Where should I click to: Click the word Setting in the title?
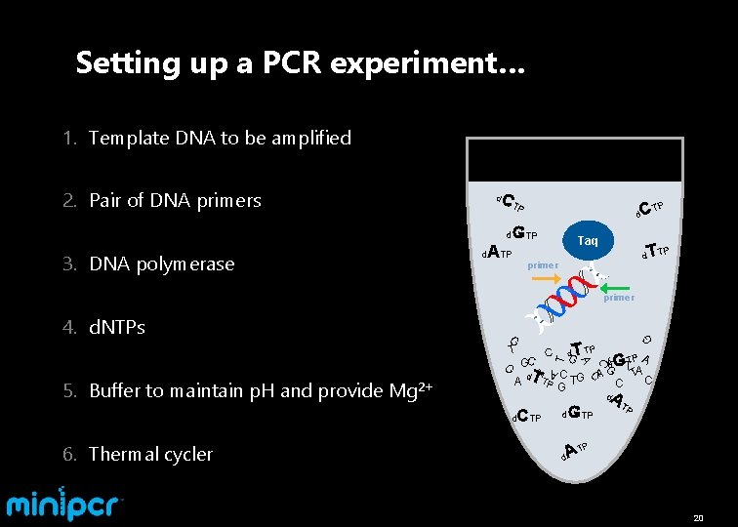pos(115,63)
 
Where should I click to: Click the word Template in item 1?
pos(129,138)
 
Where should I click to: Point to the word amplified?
pos(308,138)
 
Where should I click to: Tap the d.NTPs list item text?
pos(116,328)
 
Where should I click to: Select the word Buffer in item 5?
pos(115,391)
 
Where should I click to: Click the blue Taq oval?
pos(588,240)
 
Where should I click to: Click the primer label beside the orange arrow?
pos(543,265)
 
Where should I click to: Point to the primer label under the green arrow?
pos(619,298)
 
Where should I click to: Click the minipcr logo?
pos(65,503)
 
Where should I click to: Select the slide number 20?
pos(698,516)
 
